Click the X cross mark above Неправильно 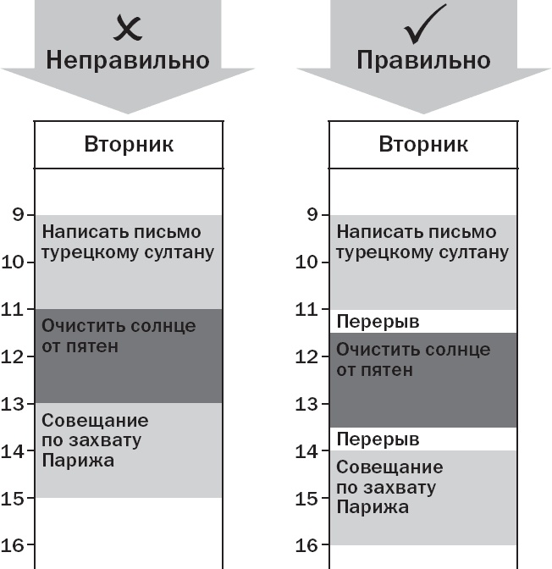tap(128, 28)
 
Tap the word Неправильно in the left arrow tap(128, 61)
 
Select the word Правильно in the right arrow tap(423, 61)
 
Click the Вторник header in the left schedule tap(129, 144)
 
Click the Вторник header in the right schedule tap(423, 144)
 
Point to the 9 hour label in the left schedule tap(18, 215)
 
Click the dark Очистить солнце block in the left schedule tap(129, 356)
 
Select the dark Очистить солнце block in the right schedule tap(423, 381)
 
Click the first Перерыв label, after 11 tap(378, 322)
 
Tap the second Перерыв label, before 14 tap(378, 439)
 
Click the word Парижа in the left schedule tap(78, 461)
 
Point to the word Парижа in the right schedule tap(373, 507)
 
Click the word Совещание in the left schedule tap(95, 421)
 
